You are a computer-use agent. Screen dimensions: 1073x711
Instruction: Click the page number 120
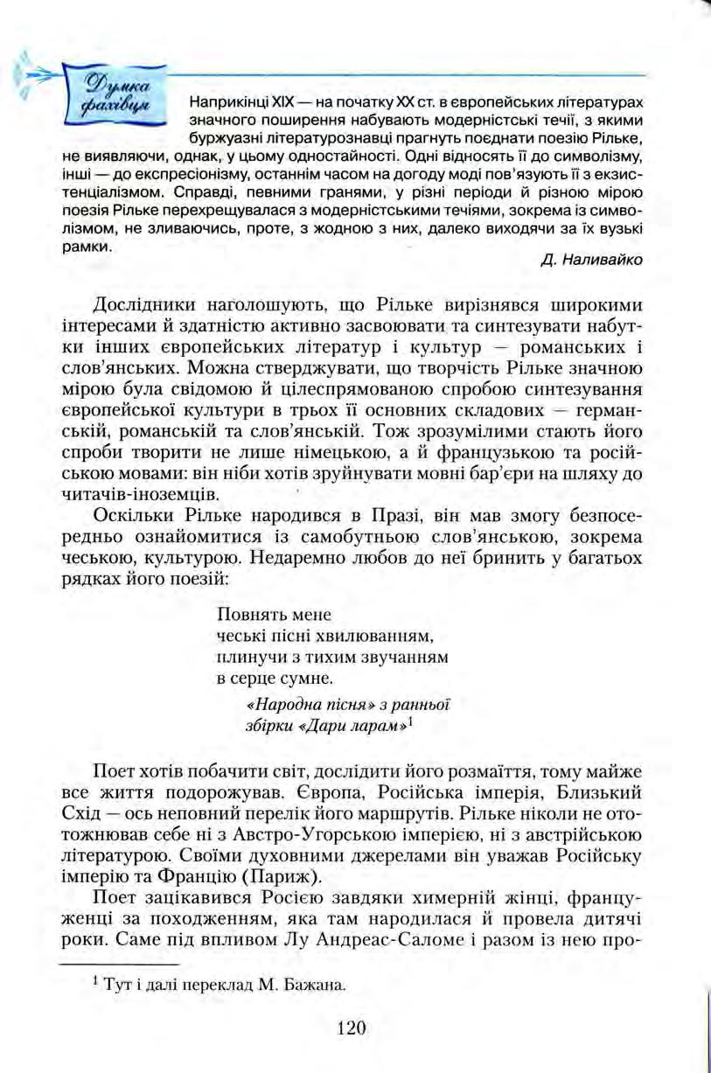point(348,1027)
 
